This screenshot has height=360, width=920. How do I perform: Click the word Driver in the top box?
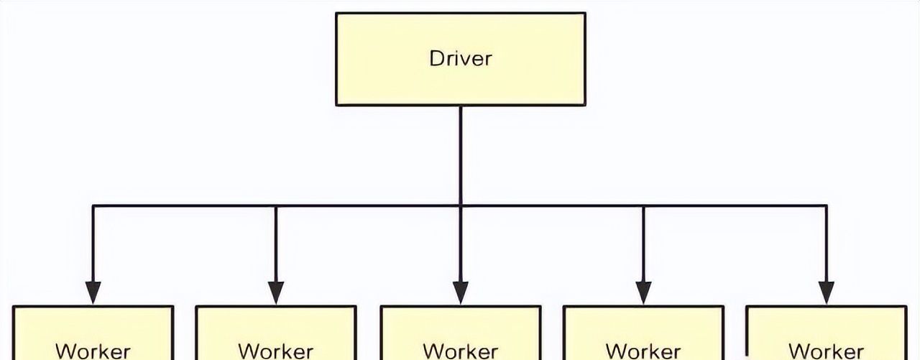[460, 58]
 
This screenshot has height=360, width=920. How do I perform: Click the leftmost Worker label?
[93, 351]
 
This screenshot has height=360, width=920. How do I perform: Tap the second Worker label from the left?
[276, 351]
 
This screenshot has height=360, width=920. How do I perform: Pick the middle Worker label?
[460, 351]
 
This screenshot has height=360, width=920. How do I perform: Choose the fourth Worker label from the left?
[643, 351]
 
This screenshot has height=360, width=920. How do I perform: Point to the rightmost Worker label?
[827, 351]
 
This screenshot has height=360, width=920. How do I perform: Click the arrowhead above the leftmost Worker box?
[93, 292]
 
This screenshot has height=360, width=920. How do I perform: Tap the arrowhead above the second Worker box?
[276, 292]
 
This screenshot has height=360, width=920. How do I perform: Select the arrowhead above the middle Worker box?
[460, 292]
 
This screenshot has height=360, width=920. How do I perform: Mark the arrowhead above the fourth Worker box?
[643, 292]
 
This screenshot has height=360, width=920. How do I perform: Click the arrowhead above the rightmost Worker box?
[827, 292]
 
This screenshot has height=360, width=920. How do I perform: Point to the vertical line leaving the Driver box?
[460, 154]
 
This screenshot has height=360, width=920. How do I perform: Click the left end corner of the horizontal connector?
[93, 206]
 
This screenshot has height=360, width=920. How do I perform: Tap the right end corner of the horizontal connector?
[827, 206]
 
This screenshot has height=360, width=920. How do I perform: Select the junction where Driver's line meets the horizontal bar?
[460, 206]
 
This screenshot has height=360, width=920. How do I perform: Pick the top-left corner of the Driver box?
[337, 14]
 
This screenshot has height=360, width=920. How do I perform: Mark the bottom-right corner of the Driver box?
[584, 104]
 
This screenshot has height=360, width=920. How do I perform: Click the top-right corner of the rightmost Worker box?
[906, 308]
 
